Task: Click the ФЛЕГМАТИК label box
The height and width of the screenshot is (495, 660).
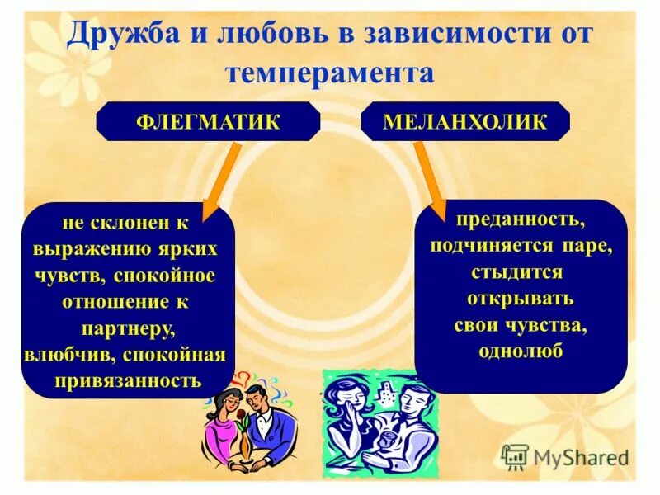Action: [208, 121]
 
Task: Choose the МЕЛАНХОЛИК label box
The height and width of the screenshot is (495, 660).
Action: [465, 121]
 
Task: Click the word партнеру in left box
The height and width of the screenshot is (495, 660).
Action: [128, 328]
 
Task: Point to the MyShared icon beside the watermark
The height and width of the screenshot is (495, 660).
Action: [515, 456]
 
